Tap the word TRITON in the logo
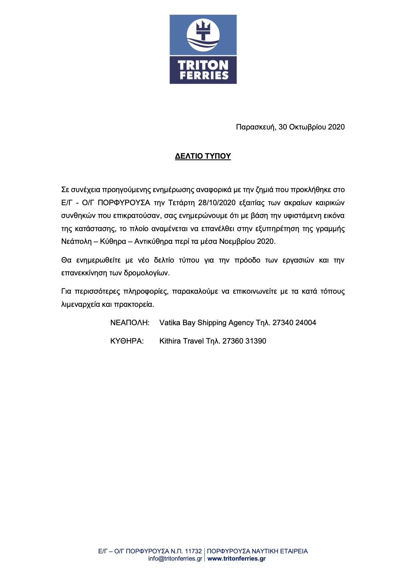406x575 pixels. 203,65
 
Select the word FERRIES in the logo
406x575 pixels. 204,75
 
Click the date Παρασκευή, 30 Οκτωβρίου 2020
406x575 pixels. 290,127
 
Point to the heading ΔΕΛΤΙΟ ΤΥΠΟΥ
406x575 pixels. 203,156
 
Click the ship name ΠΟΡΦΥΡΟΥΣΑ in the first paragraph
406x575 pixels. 124,203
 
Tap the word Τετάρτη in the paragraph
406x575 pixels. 182,203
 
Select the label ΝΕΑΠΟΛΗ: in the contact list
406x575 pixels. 130,323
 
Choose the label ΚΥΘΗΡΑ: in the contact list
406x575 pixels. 127,341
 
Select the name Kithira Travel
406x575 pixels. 181,341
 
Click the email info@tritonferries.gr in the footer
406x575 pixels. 175,559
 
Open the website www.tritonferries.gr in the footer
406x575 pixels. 236,559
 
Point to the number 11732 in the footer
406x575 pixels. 193,551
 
